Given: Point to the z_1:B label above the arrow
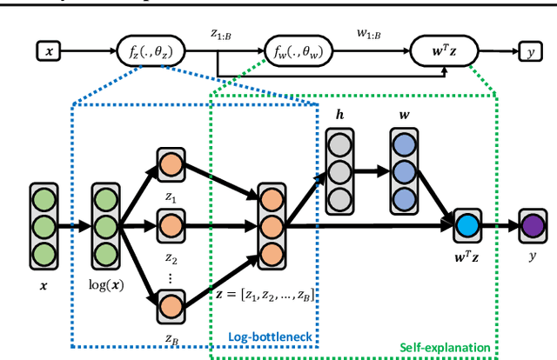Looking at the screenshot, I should click(223, 35).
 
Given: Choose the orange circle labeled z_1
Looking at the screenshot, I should click(170, 165).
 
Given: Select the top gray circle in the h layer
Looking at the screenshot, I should click(338, 145).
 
